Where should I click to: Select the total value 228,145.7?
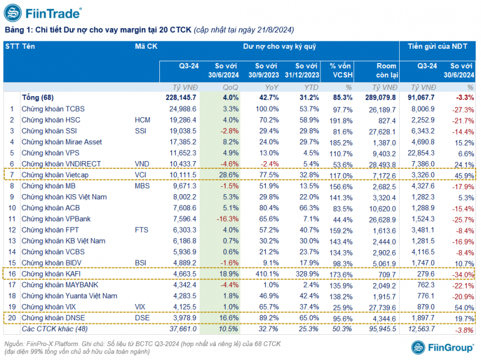click(x=180, y=97)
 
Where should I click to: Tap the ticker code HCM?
click(x=143, y=120)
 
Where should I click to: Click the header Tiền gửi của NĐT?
click(x=437, y=46)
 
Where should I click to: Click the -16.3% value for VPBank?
click(x=228, y=218)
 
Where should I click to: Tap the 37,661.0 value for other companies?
click(x=182, y=328)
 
